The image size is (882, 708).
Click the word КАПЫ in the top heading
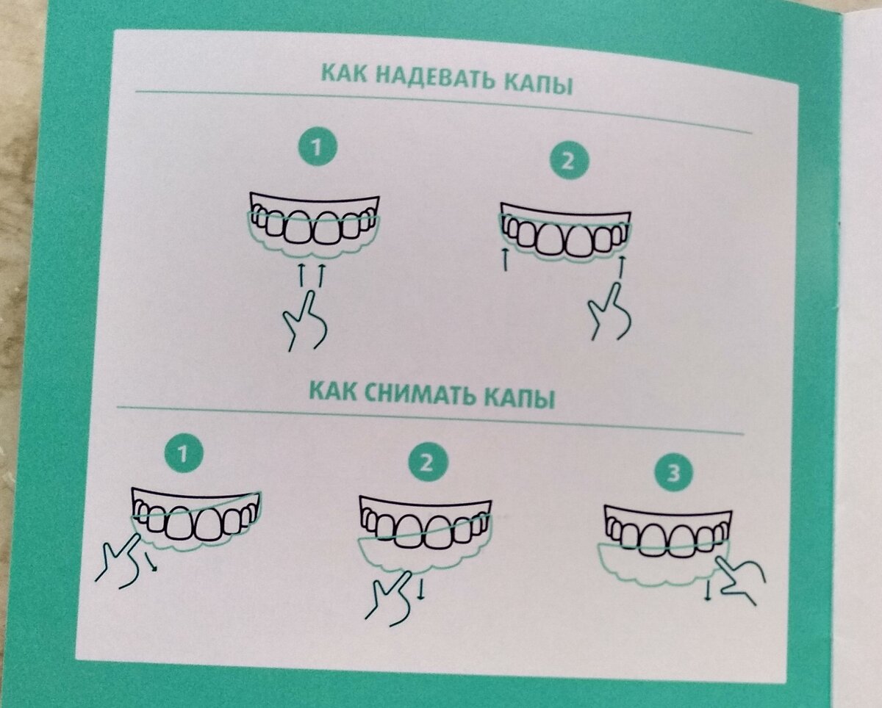click(x=537, y=84)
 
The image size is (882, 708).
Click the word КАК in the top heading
click(x=343, y=74)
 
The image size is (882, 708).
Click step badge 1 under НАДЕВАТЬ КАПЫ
click(x=316, y=148)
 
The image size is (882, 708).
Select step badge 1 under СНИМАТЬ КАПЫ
click(x=183, y=454)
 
